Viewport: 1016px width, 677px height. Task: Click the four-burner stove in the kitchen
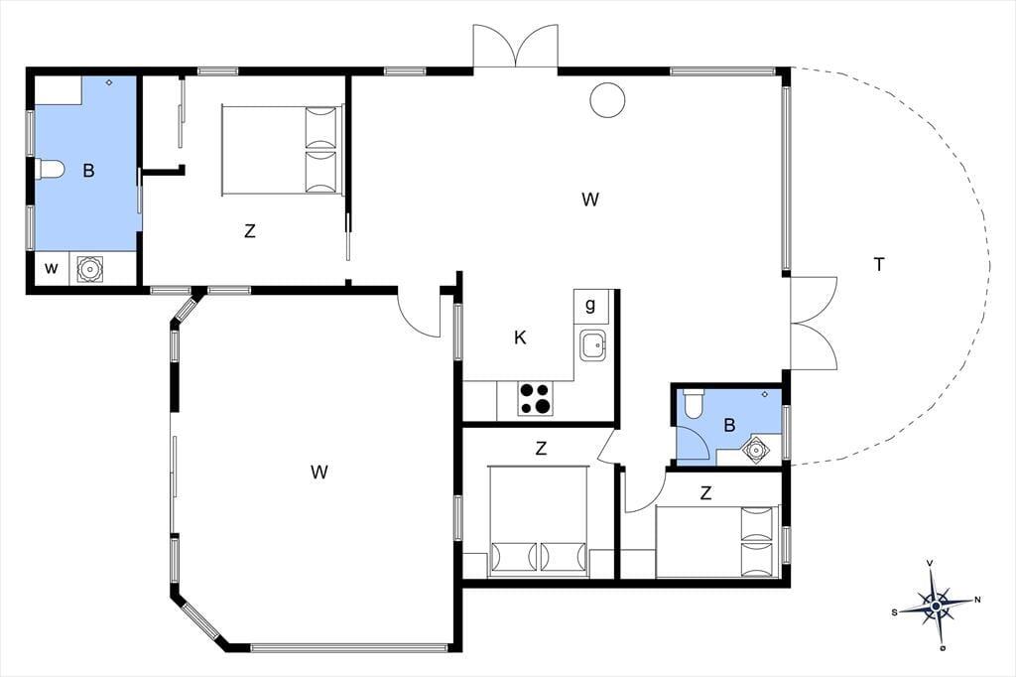(536, 398)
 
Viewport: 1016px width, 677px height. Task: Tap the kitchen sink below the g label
(593, 345)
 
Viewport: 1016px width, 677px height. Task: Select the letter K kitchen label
(520, 338)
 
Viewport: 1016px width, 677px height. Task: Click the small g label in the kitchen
(590, 305)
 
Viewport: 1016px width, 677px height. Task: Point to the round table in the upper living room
(608, 100)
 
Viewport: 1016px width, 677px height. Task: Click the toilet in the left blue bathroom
(50, 169)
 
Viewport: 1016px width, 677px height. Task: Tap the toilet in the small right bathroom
(693, 403)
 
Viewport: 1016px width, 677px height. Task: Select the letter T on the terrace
(879, 265)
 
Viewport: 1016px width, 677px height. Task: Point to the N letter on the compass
(977, 600)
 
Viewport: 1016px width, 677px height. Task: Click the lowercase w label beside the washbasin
(52, 268)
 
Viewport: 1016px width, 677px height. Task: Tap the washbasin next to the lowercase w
(89, 268)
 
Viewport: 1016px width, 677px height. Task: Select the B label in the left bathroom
(88, 171)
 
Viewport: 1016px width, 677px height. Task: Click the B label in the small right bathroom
(729, 426)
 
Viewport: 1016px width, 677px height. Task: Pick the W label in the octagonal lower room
(318, 473)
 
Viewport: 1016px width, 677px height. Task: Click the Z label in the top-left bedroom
(249, 230)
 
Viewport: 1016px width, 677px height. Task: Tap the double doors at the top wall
(515, 47)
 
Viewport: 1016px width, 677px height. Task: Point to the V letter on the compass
(931, 563)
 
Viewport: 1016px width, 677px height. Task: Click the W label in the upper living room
(589, 200)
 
